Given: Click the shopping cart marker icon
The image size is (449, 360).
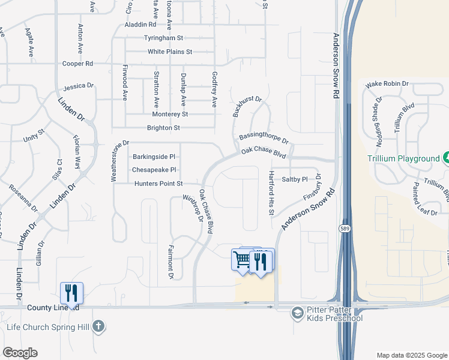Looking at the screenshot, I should pyautogui.click(x=242, y=260).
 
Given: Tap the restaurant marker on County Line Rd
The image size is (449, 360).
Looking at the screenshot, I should pyautogui.click(x=71, y=293).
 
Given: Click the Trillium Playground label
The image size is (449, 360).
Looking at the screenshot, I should pyautogui.click(x=403, y=158).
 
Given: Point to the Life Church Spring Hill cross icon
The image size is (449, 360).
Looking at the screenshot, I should pyautogui.click(x=98, y=328).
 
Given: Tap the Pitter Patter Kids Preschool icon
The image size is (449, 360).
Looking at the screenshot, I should pyautogui.click(x=297, y=313).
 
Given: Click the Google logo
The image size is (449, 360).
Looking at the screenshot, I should pyautogui.click(x=20, y=353).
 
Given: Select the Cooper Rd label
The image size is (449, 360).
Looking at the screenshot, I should pyautogui.click(x=78, y=64).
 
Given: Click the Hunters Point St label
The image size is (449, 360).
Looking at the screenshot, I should pyautogui.click(x=158, y=184).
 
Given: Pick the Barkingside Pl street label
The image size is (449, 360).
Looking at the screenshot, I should pyautogui.click(x=154, y=157).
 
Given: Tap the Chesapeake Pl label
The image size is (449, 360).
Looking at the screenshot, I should pyautogui.click(x=154, y=170).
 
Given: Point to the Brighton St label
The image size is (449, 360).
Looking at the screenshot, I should pyautogui.click(x=163, y=128).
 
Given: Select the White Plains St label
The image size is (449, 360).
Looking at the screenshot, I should pyautogui.click(x=170, y=52).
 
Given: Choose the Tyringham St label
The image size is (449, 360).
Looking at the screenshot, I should pyautogui.click(x=163, y=38).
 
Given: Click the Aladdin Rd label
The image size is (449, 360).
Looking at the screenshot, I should pyautogui.click(x=140, y=25).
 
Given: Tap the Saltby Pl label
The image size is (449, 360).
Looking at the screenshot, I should pyautogui.click(x=295, y=179).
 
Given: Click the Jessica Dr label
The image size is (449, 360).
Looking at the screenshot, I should pyautogui.click(x=79, y=86).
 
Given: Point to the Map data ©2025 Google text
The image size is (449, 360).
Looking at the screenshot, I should pyautogui.click(x=411, y=355).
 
